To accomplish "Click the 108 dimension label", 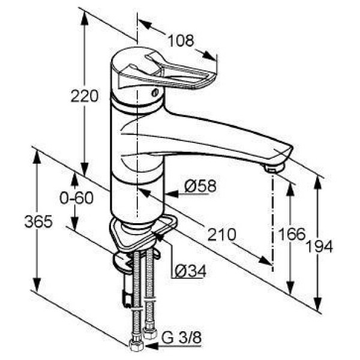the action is (x=181, y=41).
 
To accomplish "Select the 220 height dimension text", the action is (x=85, y=96).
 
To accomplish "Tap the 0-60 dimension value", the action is (x=76, y=197).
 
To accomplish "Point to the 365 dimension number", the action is (x=38, y=222).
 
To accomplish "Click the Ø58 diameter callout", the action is (x=200, y=186).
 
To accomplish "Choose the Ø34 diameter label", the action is (x=190, y=271).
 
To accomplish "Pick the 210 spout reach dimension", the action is (x=222, y=235).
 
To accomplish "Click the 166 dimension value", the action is (x=292, y=234).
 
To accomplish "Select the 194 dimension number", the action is (x=319, y=247).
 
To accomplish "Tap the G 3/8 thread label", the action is (x=181, y=337).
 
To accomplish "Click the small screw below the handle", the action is (x=155, y=93).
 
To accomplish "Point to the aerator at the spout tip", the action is (x=274, y=168).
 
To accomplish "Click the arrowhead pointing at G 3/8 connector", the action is (x=152, y=346).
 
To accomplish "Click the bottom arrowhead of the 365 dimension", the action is (x=37, y=285).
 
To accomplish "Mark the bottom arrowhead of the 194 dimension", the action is (x=317, y=304).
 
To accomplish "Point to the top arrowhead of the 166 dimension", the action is (x=290, y=190).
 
